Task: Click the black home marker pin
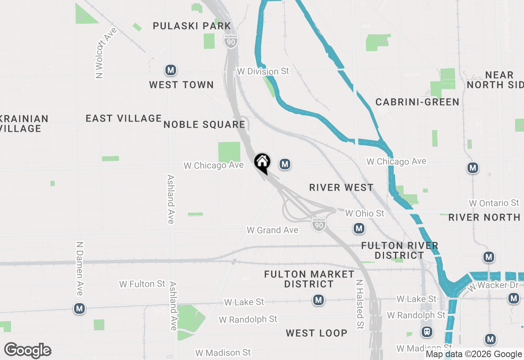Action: (262, 163)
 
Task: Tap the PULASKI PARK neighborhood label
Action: (192, 26)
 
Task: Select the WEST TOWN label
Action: (181, 85)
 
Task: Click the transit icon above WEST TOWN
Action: (171, 70)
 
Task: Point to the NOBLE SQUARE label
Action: (204, 124)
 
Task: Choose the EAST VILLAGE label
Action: (124, 118)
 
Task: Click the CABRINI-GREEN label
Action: (418, 102)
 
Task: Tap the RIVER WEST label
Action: (341, 187)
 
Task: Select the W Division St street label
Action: (263, 71)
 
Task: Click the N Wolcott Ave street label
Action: (105, 53)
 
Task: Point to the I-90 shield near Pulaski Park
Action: (231, 41)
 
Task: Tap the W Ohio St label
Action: (365, 213)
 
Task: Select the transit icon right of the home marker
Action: (285, 164)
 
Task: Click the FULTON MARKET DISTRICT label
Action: (309, 279)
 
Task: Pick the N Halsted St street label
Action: (359, 304)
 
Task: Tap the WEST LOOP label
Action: (316, 333)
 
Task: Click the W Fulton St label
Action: (142, 283)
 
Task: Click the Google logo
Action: (27, 350)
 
